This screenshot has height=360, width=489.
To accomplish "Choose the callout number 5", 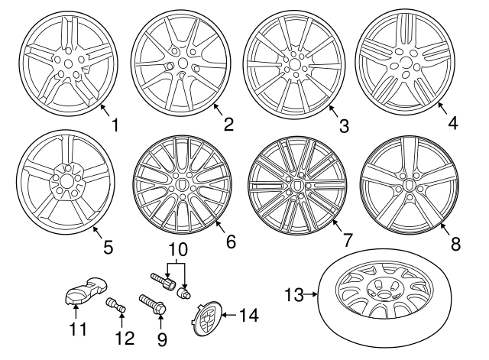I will (107, 246).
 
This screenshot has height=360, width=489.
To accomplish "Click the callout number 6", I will (231, 242).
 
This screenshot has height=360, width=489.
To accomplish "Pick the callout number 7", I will (347, 240).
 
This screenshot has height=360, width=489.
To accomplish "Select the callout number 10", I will (177, 250).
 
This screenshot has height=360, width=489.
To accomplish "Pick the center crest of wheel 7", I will (296, 185).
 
